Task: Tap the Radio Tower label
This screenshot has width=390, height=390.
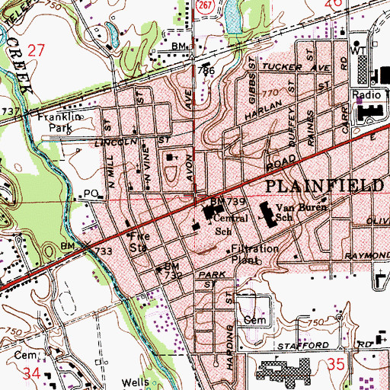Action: click(x=369, y=94)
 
